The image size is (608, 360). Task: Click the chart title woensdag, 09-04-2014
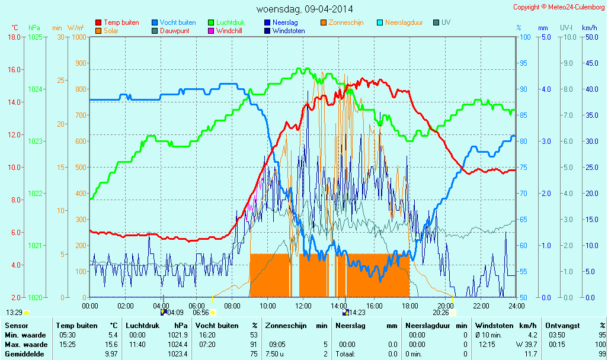[304, 9]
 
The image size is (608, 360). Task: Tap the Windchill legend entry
[228, 31]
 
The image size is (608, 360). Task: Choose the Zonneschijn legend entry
[345, 22]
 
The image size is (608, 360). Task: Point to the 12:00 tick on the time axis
[303, 306]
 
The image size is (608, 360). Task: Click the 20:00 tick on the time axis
[446, 306]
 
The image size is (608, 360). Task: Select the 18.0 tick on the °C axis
[14, 37]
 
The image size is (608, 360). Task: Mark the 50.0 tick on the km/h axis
[590, 37]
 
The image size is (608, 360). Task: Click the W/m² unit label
[75, 28]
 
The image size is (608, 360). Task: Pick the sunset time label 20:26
[441, 313]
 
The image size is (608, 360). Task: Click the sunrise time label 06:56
[201, 313]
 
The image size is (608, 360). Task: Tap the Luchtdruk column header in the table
[142, 326]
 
